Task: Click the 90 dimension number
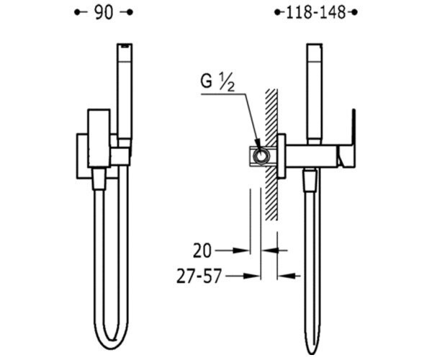tap(104, 13)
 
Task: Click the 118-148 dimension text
tap(316, 13)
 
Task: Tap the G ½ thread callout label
tap(217, 83)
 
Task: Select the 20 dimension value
tap(202, 251)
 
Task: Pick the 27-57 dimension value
tap(199, 276)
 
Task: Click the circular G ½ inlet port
tap(261, 156)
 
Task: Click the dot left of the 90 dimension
tap(77, 12)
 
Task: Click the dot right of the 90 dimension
tap(130, 12)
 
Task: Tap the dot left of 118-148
tap(277, 12)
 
